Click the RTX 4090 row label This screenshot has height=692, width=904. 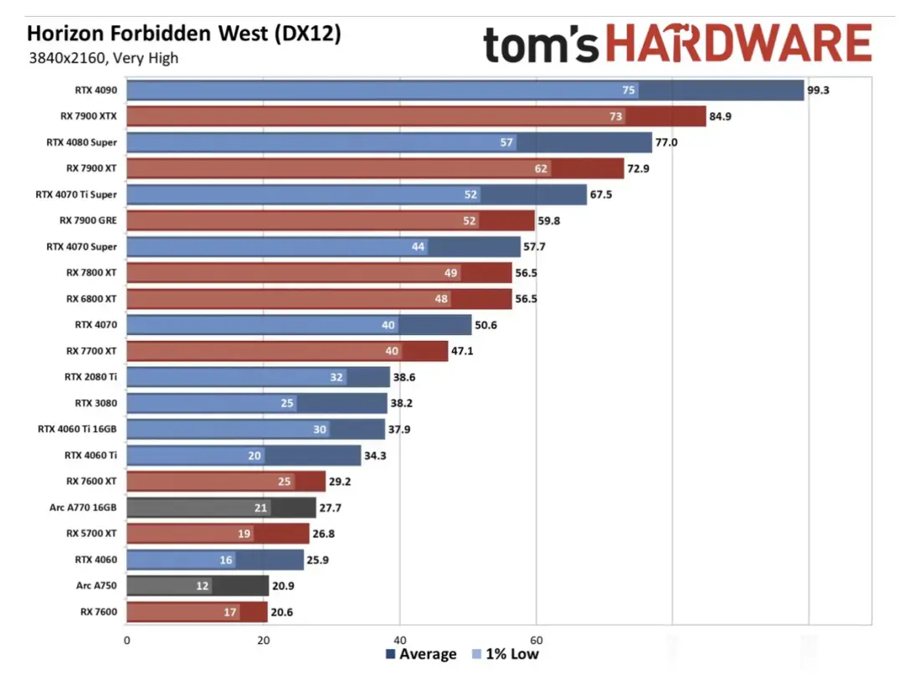[x=95, y=90]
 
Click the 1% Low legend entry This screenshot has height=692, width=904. [x=506, y=654]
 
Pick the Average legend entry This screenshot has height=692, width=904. [x=422, y=654]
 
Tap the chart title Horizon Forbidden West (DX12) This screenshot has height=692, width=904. [x=184, y=34]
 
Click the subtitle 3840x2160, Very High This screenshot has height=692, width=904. [x=103, y=58]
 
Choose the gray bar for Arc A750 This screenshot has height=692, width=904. [x=197, y=586]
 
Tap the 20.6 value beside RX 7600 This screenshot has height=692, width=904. [x=282, y=612]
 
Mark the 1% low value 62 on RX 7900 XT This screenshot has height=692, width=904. [x=541, y=168]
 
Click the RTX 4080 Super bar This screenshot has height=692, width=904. [x=388, y=142]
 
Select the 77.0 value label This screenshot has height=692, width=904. [x=666, y=142]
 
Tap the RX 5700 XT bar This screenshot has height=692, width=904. [x=218, y=534]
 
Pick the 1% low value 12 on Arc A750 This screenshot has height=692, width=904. [x=203, y=586]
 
